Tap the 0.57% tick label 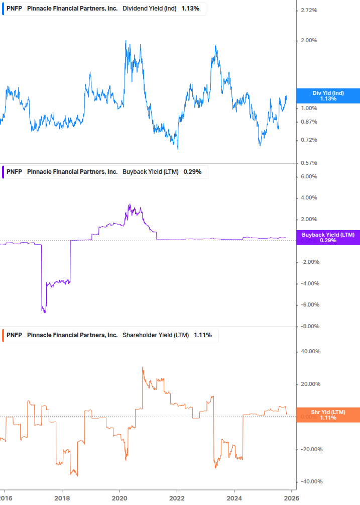pos(309,163)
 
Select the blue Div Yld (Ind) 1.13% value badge pos(328,96)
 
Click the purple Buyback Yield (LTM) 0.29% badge pos(328,237)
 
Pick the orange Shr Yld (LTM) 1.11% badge pos(328,415)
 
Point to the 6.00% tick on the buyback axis pos(309,176)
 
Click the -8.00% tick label pos(308,326)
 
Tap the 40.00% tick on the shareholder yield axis pos(310,352)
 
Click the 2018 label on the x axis pos(62,498)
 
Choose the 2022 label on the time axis pos(177,498)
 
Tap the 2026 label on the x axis pos(292,498)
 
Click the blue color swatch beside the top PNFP pos(3,8)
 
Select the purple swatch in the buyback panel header pos(3,172)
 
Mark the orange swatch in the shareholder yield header pos(3,335)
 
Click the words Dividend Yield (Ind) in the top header pos(150,8)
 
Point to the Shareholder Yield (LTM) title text pos(154,335)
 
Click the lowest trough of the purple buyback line pos(44,313)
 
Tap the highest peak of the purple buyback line pos(129,205)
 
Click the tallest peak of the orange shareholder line pos(143,368)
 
